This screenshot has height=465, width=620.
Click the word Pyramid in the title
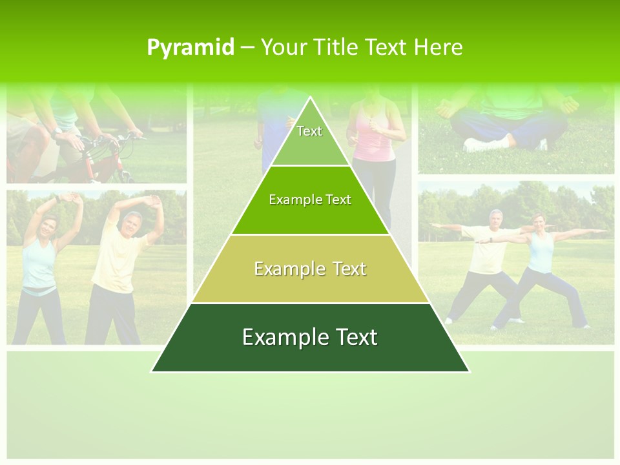point(191,48)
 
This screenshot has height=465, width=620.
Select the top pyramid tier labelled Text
point(309,136)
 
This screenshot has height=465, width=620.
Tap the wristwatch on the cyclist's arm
point(58,131)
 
